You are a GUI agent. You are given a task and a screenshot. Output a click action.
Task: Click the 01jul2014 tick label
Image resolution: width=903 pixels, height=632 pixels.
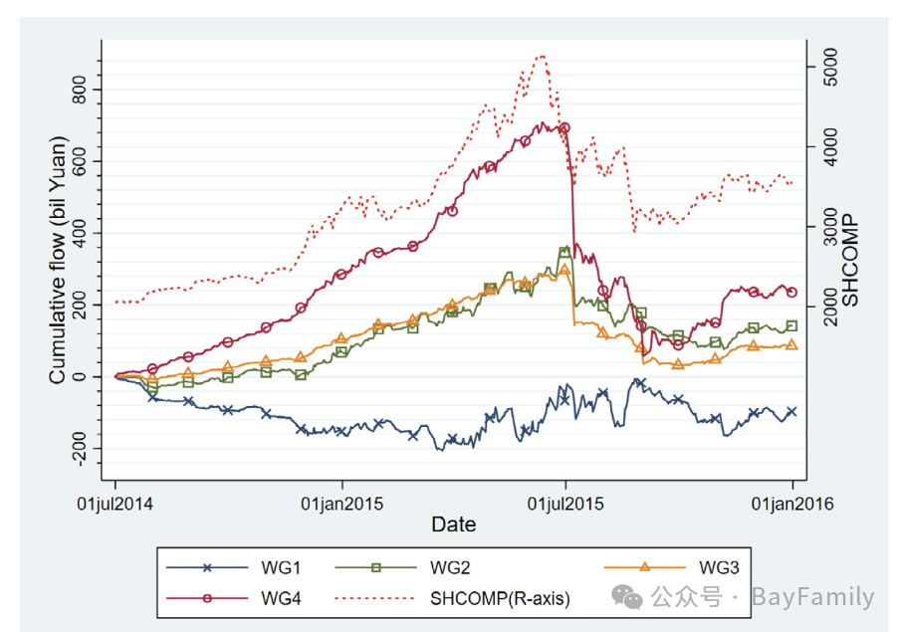pos(115,504)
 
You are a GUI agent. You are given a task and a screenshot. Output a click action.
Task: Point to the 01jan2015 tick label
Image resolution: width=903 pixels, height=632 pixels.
pos(343,504)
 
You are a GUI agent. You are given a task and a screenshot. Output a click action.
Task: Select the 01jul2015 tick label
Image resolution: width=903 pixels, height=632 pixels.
pos(565,504)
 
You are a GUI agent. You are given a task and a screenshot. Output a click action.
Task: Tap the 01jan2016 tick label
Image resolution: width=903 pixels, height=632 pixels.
pos(793,504)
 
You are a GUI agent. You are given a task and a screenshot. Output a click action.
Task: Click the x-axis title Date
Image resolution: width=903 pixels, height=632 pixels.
pos(453,525)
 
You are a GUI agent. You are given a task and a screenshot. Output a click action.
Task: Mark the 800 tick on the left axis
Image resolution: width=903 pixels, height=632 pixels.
pos(81,91)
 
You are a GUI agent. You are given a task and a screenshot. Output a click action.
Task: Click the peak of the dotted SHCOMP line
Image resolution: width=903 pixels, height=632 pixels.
pos(542,56)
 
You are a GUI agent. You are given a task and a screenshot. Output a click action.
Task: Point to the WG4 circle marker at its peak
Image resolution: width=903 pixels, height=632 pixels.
pos(564,128)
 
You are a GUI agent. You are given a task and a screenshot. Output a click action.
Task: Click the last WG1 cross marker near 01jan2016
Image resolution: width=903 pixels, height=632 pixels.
pos(792,412)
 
